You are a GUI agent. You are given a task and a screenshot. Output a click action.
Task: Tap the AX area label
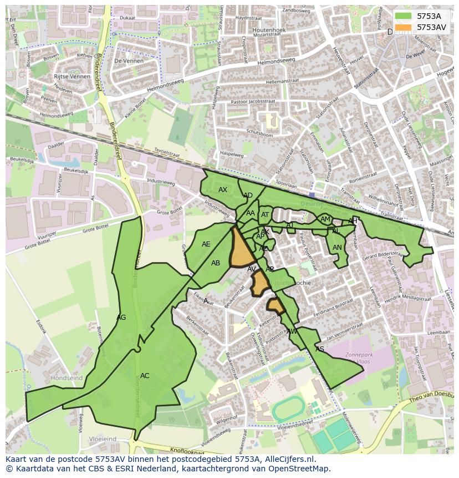223,190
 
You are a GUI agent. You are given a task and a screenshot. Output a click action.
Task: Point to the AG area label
121,318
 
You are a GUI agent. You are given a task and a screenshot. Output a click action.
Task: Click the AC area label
145,376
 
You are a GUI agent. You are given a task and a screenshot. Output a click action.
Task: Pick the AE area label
206,244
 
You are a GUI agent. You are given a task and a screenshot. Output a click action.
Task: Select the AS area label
320,349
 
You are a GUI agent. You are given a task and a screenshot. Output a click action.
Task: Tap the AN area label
337,248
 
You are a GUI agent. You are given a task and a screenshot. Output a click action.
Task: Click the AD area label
248,195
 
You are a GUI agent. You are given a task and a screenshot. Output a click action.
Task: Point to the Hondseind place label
67,378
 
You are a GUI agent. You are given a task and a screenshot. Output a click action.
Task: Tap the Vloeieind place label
103,439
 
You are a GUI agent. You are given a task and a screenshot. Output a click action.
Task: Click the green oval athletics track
288,409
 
